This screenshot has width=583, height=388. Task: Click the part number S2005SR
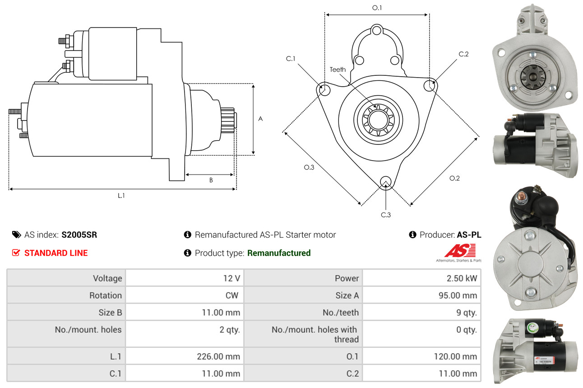(79, 235)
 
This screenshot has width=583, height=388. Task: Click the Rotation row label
(106, 295)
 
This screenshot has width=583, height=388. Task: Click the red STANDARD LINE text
(56, 253)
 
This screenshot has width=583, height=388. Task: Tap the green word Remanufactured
(279, 253)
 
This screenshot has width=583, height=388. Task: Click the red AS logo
(460, 250)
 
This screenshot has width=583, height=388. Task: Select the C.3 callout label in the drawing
(385, 215)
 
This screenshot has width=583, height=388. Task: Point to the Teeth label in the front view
(338, 69)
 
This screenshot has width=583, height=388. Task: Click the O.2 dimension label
(454, 178)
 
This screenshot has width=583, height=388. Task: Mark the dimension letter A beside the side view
(260, 119)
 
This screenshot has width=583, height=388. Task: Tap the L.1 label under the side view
(121, 195)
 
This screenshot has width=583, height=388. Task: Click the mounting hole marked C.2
(429, 85)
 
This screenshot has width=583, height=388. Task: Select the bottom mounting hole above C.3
(385, 181)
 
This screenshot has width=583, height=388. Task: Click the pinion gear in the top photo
(533, 77)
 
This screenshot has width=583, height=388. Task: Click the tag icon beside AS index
(17, 235)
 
